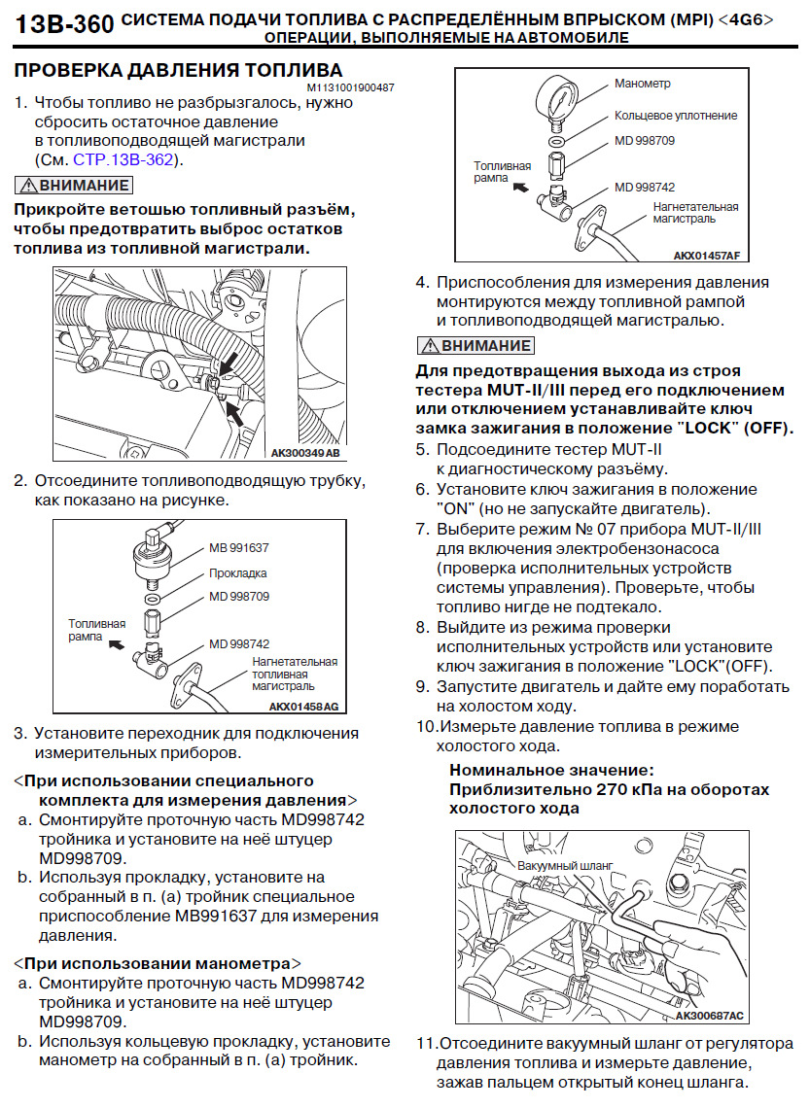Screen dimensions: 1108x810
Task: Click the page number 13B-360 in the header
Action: tap(64, 25)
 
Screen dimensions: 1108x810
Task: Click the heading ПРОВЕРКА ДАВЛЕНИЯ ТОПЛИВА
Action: tap(178, 70)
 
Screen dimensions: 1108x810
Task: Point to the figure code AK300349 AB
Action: tap(305, 453)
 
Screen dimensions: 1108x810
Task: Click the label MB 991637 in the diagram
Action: tap(239, 547)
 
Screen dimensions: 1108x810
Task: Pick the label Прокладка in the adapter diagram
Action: tap(237, 573)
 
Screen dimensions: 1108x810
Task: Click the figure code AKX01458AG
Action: tap(304, 707)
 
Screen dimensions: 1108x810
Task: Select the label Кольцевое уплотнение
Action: tap(676, 116)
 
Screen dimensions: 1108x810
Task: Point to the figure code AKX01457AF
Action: tap(707, 257)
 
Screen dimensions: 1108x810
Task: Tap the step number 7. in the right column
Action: tap(422, 530)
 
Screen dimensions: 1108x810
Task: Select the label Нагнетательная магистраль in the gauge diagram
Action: tap(695, 213)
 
